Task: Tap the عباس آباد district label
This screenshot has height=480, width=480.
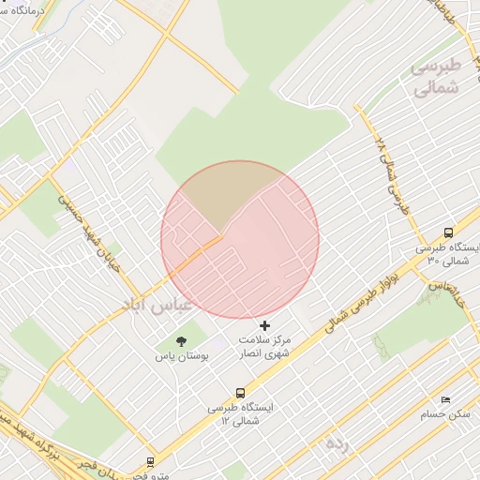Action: (156, 306)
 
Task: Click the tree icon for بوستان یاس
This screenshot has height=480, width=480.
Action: (181, 341)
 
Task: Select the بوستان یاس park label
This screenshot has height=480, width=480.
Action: (181, 357)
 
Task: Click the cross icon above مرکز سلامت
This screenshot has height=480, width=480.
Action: (264, 324)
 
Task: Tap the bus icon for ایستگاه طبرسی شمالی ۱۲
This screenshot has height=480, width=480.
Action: (241, 394)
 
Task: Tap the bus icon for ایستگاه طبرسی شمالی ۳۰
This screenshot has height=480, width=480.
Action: (448, 232)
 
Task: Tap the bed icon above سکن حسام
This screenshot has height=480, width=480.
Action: (445, 399)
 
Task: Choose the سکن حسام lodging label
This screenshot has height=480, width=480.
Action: (445, 414)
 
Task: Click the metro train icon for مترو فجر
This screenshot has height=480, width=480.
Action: (150, 462)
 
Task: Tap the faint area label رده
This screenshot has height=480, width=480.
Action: (337, 442)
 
